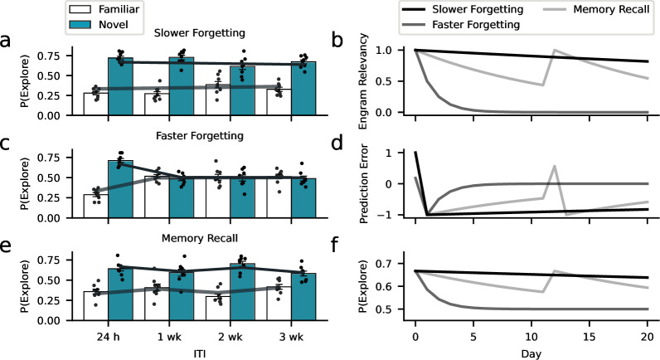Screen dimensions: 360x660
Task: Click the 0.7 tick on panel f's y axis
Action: pos(390,264)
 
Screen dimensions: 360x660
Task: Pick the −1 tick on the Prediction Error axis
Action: pos(393,215)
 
